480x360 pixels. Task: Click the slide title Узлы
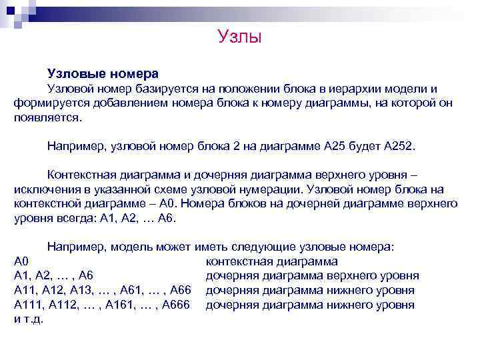pos(240,36)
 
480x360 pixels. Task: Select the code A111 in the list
pos(28,305)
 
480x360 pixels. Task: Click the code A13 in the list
pos(84,291)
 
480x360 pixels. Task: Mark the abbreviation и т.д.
pos(28,320)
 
